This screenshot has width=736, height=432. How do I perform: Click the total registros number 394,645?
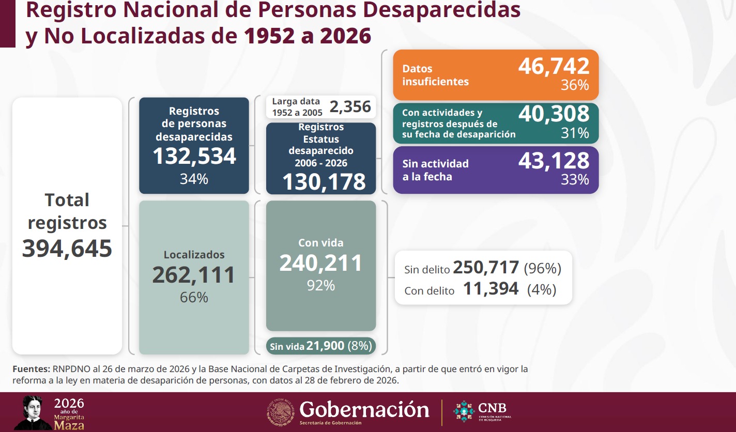(x=67, y=249)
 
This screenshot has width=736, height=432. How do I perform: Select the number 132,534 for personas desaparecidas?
(x=194, y=156)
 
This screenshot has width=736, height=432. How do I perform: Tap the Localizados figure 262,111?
(x=194, y=275)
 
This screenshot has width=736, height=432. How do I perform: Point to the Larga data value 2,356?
(x=350, y=106)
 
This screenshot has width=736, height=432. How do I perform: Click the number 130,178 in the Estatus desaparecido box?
(x=324, y=181)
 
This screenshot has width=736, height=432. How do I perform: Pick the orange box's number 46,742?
(x=554, y=67)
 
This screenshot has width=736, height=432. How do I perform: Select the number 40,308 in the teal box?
(x=554, y=114)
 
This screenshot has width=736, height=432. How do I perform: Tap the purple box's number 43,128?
(x=554, y=160)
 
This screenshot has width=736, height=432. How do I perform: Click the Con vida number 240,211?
(x=321, y=263)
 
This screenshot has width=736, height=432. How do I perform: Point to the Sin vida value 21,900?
(x=325, y=346)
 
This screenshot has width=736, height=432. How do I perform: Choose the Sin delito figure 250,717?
(x=486, y=268)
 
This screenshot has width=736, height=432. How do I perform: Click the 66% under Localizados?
(x=194, y=298)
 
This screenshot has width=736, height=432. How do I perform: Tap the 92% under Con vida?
(x=321, y=285)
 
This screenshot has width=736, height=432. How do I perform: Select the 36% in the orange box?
(x=575, y=85)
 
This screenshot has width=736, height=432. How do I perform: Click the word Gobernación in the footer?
(x=364, y=409)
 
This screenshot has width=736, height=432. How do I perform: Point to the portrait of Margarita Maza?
(x=32, y=412)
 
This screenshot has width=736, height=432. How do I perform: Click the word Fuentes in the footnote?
(x=30, y=369)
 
